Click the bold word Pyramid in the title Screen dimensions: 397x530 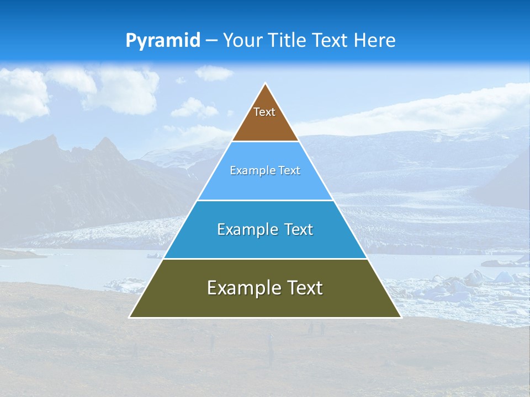pos(163,41)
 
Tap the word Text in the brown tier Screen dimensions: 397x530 pos(264,112)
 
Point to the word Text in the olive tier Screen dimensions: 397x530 pos(305,288)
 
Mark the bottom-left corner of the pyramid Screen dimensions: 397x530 pos(130,317)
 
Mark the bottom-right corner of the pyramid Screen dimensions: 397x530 pos(401,317)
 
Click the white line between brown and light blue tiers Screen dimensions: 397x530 pos(265,141)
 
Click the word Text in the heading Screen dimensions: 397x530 pos(331,41)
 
